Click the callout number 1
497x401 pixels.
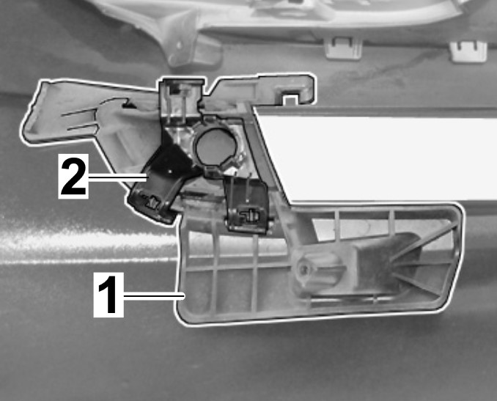108,295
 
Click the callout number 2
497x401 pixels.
73,177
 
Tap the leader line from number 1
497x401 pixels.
154,296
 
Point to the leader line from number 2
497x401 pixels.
118,177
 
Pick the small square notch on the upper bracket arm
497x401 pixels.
290,99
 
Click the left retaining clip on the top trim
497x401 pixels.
344,48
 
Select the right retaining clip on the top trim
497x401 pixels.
468,51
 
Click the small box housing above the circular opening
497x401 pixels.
180,100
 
